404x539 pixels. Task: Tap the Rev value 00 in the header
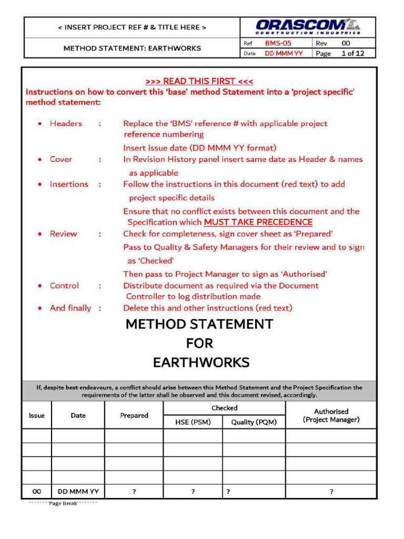point(346,43)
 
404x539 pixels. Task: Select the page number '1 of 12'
point(352,53)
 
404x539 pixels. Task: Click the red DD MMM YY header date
point(284,53)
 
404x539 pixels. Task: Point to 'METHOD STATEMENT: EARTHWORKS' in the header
point(132,48)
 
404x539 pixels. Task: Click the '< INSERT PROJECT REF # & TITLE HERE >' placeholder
point(132,27)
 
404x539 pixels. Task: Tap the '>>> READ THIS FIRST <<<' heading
point(199,81)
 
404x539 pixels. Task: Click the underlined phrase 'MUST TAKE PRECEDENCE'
point(258,222)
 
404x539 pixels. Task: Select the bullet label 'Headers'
point(66,124)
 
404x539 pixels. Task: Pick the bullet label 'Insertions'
point(69,184)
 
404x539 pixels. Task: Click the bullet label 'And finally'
point(70,308)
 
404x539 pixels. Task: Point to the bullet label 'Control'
point(64,286)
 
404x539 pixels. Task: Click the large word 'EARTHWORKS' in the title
point(201,363)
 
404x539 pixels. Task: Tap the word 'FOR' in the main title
point(199,343)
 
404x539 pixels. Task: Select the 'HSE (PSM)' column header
point(193,422)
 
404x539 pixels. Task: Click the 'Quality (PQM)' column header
point(254,422)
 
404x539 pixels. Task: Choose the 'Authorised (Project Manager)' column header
point(331,415)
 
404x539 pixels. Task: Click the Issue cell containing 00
point(37,492)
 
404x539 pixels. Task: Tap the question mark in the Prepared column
point(134,492)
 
